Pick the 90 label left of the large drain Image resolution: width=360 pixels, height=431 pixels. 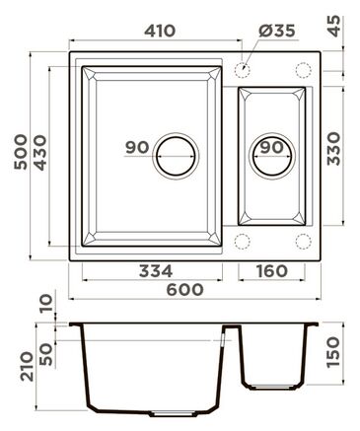[137, 147]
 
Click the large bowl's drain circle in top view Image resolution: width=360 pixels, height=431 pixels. [177, 155]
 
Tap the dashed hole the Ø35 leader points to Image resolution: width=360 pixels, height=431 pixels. [245, 70]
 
